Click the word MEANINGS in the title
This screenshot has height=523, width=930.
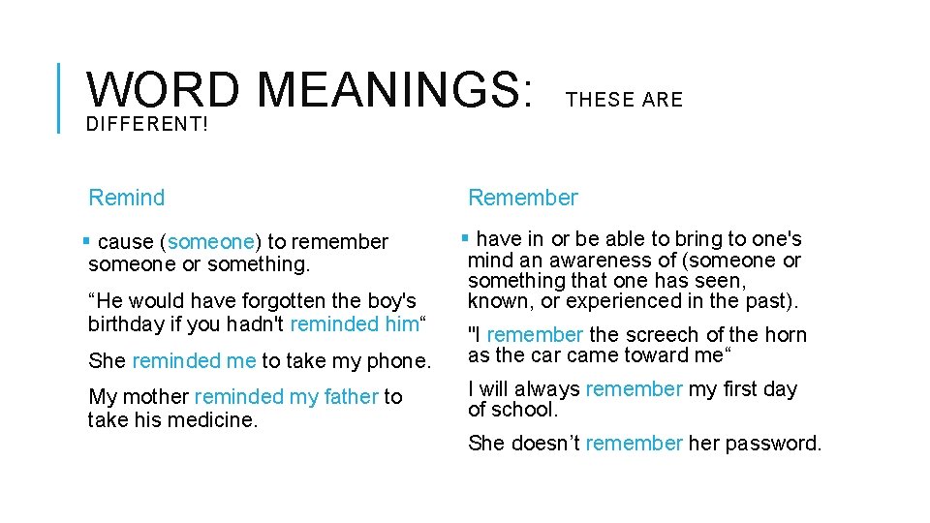coord(395,90)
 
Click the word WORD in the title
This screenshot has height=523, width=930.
coord(163,90)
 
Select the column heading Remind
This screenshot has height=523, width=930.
coord(127,198)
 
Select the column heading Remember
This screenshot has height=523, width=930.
coord(523,198)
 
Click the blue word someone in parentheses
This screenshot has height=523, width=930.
coord(210,241)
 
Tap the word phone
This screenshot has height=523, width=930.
coord(402,361)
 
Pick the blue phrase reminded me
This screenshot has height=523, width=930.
coord(194,361)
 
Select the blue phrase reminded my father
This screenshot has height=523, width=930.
coord(287,397)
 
